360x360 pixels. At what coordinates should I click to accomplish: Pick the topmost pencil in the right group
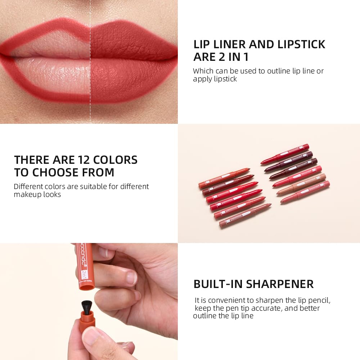click(x=285, y=154)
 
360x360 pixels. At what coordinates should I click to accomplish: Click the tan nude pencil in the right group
click(x=301, y=184)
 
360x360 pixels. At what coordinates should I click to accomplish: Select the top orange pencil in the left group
click(x=224, y=178)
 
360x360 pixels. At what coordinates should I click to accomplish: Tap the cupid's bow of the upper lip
click(x=90, y=31)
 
